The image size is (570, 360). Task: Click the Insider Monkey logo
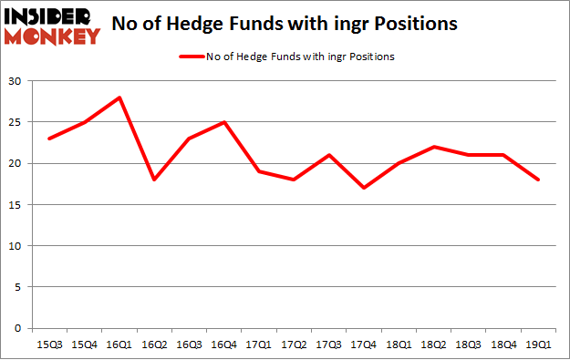tap(52, 25)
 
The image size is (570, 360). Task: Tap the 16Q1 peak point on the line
tap(119, 98)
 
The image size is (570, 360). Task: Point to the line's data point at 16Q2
tap(154, 180)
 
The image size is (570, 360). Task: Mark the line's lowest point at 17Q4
tap(364, 188)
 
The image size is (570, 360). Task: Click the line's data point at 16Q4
tap(224, 122)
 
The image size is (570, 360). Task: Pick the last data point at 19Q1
tap(538, 180)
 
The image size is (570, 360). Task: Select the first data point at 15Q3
tap(49, 139)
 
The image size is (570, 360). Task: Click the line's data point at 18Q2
tap(434, 147)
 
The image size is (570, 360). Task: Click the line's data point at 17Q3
tap(329, 155)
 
